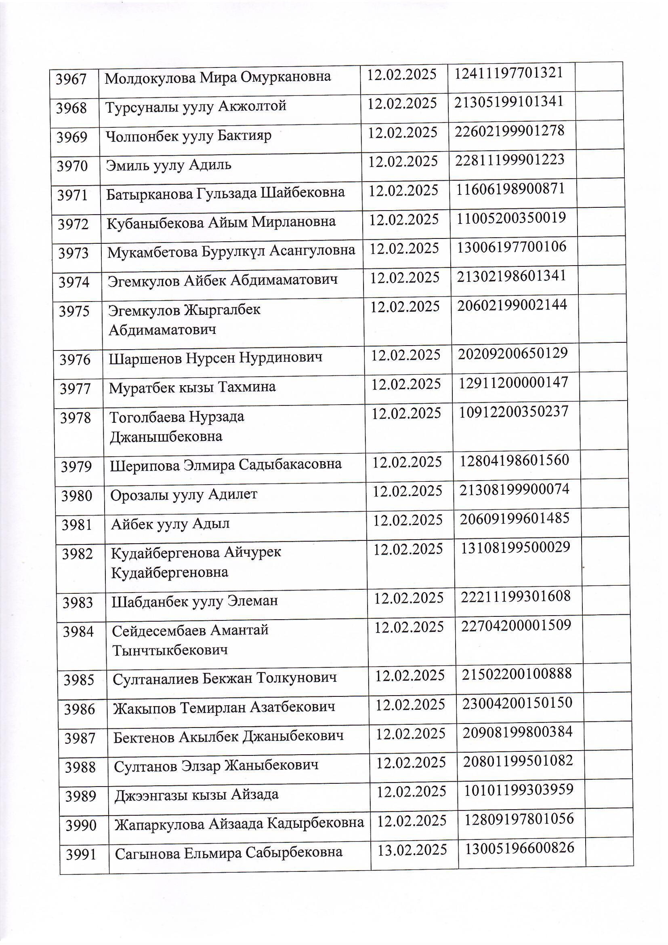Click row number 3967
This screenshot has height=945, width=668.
click(71, 79)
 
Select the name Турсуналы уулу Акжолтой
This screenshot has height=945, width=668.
click(196, 107)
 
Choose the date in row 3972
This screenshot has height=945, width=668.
click(403, 220)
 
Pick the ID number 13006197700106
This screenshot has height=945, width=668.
click(512, 247)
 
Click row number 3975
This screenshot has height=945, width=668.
click(74, 311)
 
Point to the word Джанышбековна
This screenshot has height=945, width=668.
click(166, 437)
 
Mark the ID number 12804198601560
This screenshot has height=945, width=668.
click(514, 460)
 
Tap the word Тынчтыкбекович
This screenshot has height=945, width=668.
click(170, 651)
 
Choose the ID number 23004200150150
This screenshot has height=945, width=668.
click(517, 702)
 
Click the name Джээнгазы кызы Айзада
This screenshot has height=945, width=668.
click(196, 794)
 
